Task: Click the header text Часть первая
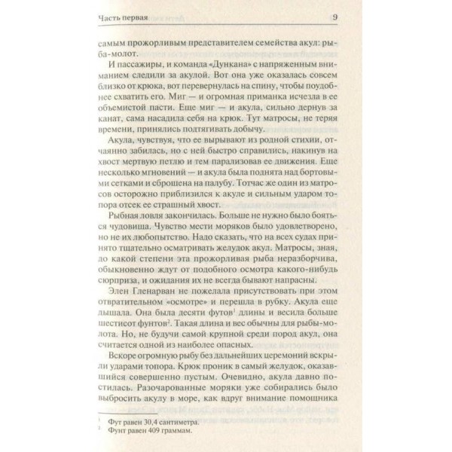[x=124, y=18]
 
